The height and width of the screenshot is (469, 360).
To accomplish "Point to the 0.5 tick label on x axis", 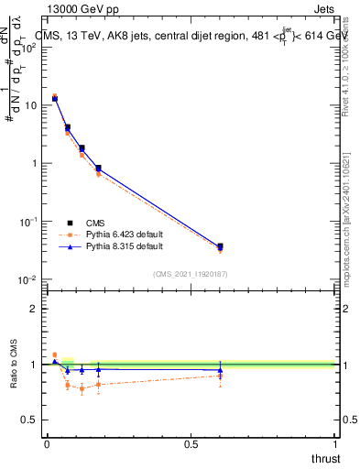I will click(x=191, y=444).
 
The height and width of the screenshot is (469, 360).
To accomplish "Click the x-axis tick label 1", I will click(x=336, y=444).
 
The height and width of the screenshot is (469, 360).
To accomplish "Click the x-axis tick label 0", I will click(x=47, y=444).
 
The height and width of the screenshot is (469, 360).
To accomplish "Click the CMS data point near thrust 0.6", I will click(x=220, y=246).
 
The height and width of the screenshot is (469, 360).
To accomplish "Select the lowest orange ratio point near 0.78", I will click(x=82, y=389).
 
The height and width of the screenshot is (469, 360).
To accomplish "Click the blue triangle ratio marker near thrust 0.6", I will click(x=220, y=370).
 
